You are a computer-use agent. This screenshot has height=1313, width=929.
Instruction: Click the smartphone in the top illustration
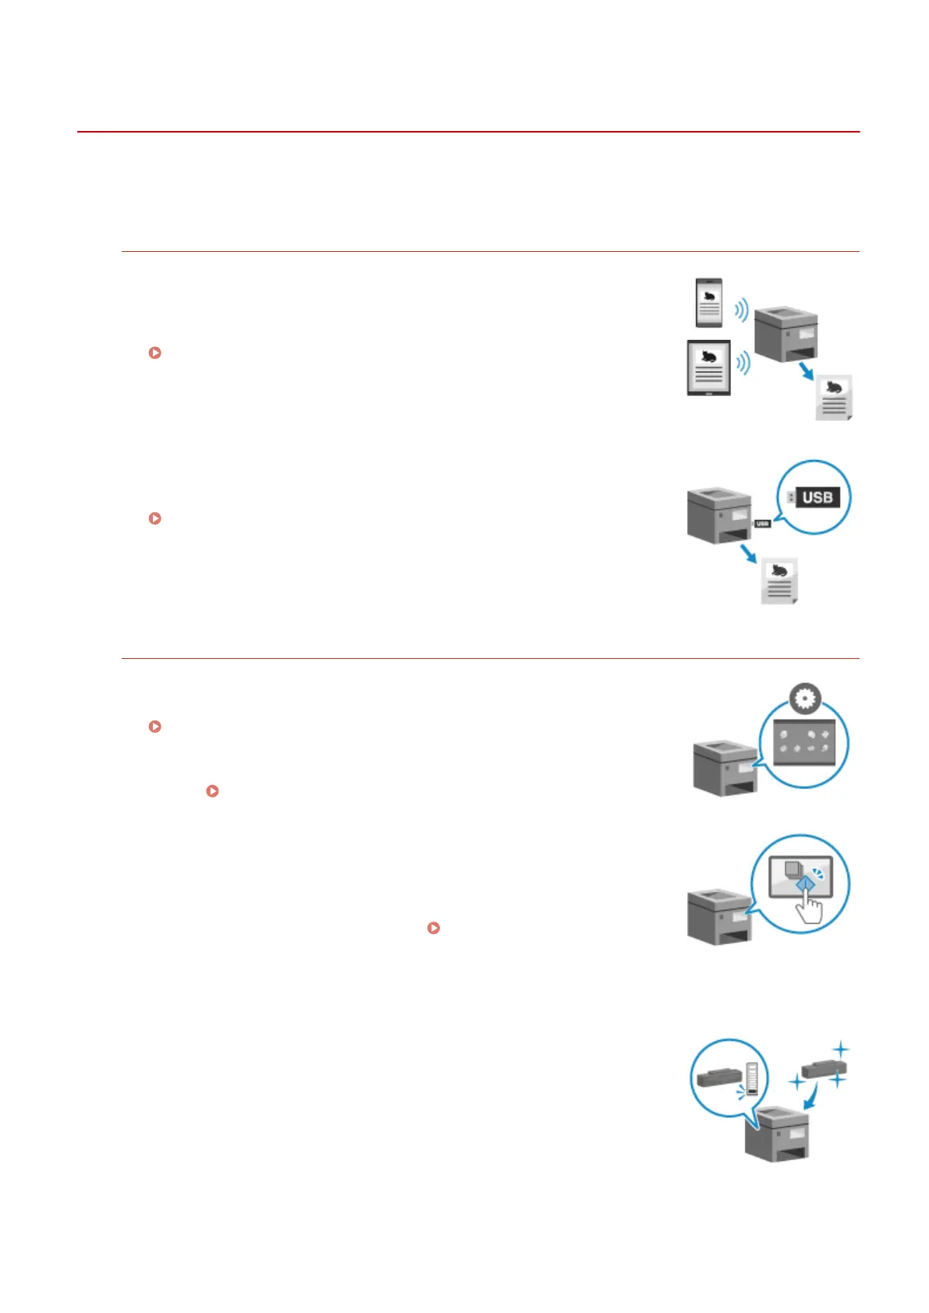click(709, 303)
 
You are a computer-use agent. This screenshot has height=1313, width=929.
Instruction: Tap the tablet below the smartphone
click(708, 367)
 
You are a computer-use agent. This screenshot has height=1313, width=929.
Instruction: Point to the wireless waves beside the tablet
click(743, 363)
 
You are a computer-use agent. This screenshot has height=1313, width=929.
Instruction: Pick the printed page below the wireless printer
click(834, 398)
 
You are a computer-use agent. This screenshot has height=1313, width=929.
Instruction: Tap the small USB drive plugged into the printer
click(762, 523)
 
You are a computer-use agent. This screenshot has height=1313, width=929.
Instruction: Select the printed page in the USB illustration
click(779, 581)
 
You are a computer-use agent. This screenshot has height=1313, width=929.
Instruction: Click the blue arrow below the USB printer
click(748, 553)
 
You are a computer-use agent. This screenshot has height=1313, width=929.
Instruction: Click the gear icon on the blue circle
click(805, 699)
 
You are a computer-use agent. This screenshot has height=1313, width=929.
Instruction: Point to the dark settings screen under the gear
click(803, 742)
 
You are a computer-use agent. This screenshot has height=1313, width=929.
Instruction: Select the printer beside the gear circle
click(725, 767)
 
